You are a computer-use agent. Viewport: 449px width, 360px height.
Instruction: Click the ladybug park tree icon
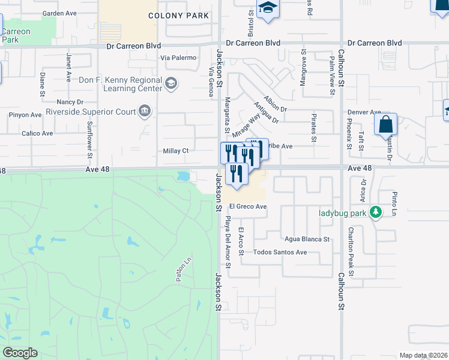[376, 212]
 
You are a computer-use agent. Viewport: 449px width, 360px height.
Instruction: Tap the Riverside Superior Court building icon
[145, 110]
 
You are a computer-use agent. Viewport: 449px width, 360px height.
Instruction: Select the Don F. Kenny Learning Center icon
[171, 83]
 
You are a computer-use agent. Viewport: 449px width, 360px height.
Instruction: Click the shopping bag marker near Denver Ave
[386, 126]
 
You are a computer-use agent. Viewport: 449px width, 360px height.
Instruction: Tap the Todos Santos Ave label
[280, 252]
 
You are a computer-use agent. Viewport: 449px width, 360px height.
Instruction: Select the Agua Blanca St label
[307, 239]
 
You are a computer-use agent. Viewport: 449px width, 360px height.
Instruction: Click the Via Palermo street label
[178, 58]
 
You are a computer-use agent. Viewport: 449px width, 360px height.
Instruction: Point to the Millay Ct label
[176, 151]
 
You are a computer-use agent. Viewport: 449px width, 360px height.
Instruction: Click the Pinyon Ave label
[25, 115]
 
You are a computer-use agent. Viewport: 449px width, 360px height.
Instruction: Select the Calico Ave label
[34, 134]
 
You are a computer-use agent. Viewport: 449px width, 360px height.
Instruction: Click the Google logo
[20, 353]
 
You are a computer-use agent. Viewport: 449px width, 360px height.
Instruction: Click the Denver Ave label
[364, 112]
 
